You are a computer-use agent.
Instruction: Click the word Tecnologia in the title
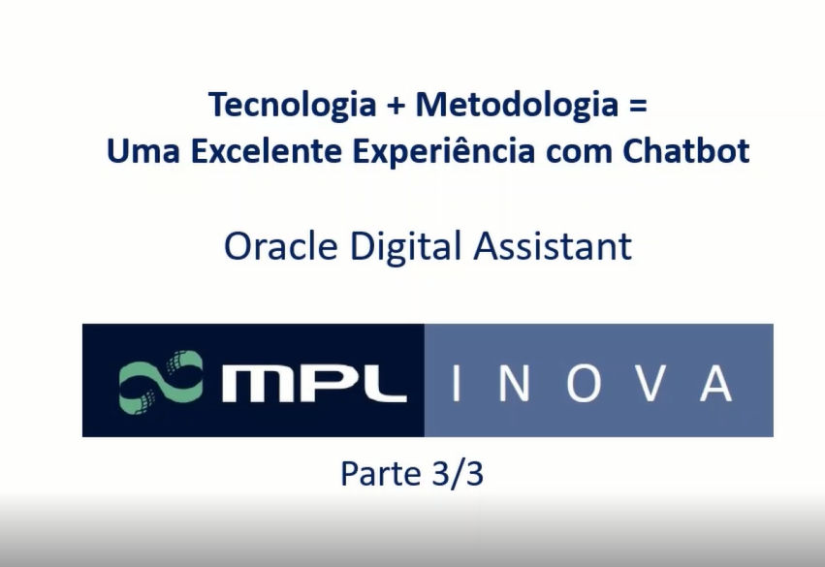click(x=292, y=106)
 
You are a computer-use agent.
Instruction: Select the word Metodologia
click(x=517, y=104)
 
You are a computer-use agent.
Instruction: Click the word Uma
click(x=143, y=151)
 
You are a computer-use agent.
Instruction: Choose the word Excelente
click(x=267, y=150)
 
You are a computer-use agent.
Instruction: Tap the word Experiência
click(x=444, y=151)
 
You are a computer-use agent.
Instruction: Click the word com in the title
click(x=580, y=152)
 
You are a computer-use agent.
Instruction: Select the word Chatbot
click(x=686, y=150)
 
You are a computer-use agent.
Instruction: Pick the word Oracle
click(x=281, y=246)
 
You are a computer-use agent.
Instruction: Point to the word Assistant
click(x=553, y=246)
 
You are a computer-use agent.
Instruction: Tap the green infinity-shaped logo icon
click(x=161, y=381)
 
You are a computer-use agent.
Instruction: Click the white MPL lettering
click(x=315, y=383)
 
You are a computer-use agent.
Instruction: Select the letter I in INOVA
click(x=457, y=384)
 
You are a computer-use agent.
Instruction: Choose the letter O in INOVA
click(x=584, y=384)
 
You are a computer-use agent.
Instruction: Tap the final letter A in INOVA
click(x=716, y=384)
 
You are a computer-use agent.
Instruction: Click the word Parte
click(x=380, y=474)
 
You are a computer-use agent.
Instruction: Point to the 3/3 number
click(x=457, y=473)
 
